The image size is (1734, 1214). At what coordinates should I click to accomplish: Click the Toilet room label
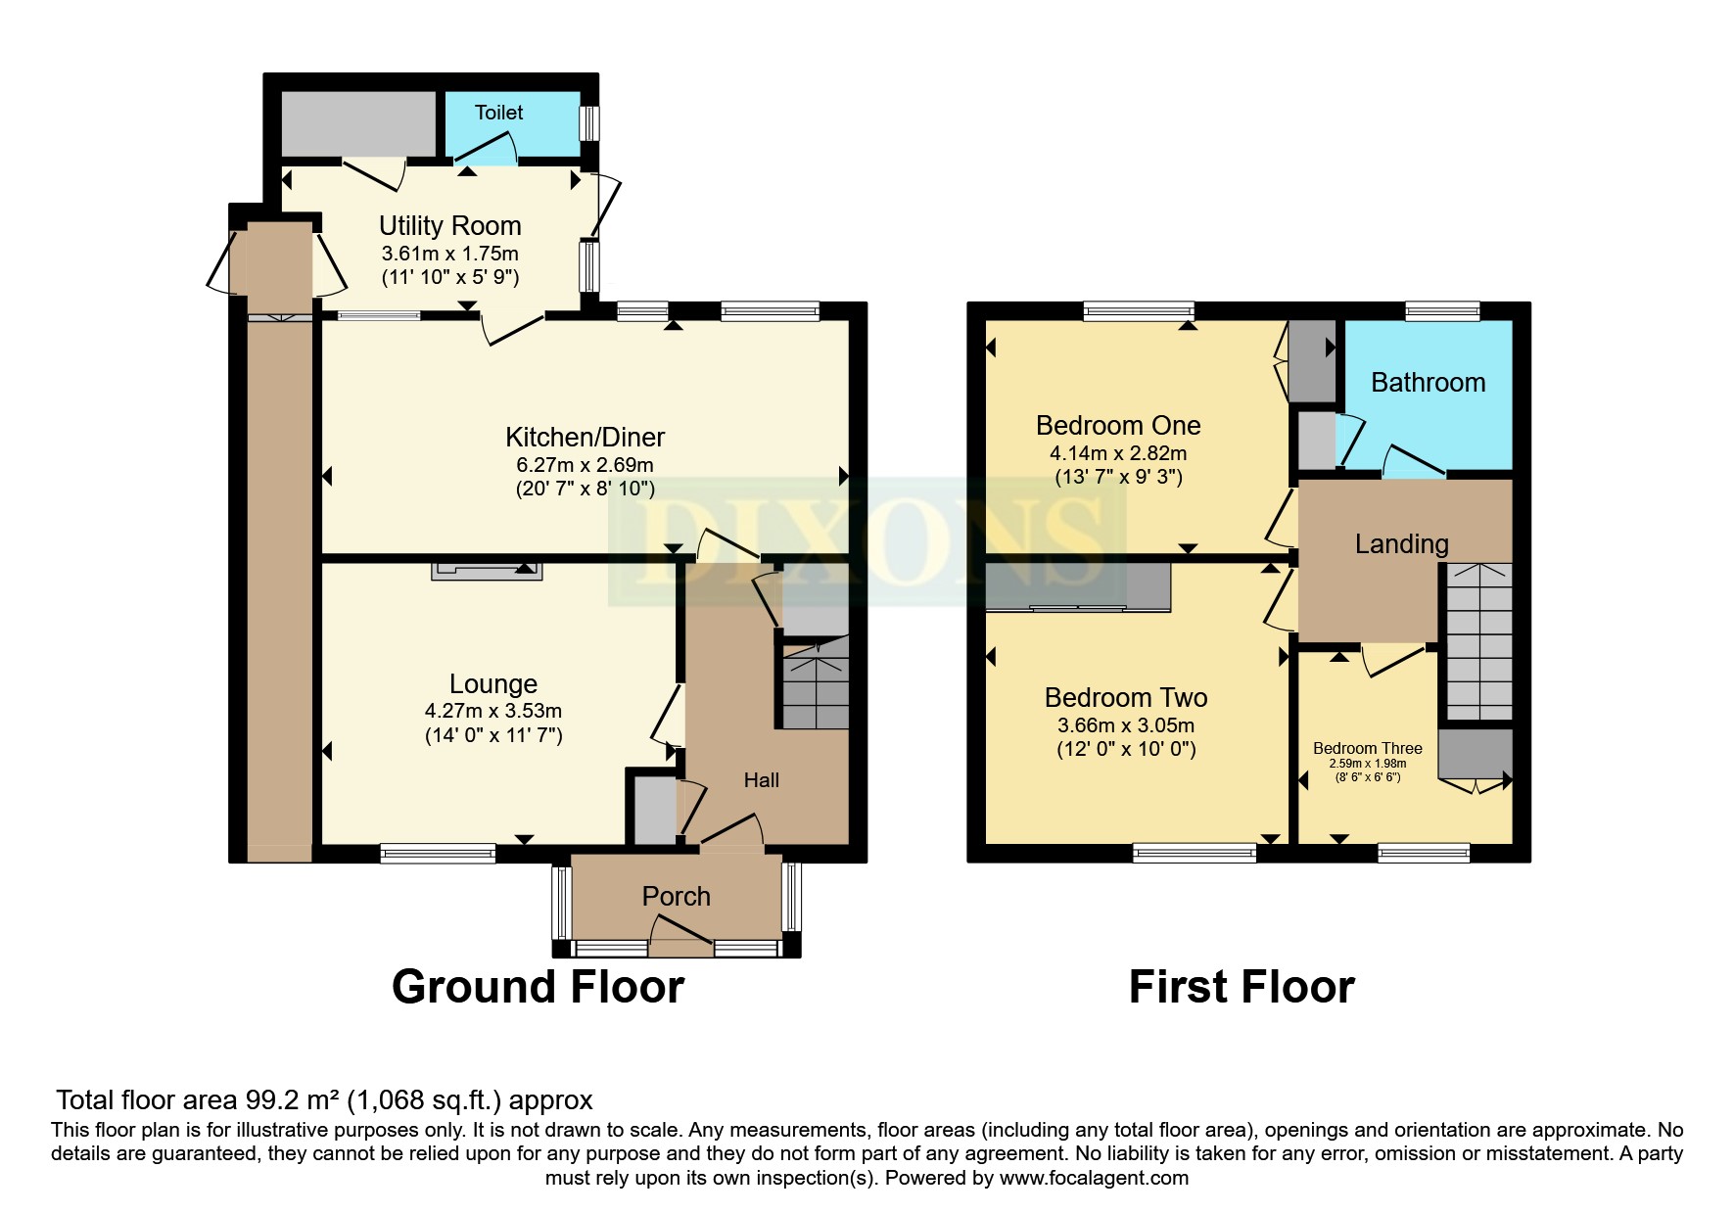pos(498,113)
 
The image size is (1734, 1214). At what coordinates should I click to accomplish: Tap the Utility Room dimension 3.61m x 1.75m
pos(449,254)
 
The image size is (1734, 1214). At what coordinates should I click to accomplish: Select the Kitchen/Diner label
pos(585,437)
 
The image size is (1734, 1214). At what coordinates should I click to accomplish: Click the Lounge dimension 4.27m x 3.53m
pos(492,711)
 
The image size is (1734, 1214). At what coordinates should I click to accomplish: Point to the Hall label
pos(761,780)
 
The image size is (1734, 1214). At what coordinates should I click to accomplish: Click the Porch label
pos(676,896)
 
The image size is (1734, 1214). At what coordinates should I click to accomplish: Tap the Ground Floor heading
pos(538,987)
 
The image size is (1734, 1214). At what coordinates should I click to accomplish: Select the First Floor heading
pos(1241,987)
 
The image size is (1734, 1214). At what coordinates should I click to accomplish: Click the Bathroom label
pos(1428,383)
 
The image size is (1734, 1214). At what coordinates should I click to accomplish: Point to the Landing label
pos(1401,544)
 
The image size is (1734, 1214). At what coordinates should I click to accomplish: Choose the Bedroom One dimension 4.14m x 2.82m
pos(1118,453)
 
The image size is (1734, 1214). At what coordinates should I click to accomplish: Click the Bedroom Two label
pos(1125,698)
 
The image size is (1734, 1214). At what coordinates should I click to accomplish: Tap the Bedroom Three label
pos(1367,748)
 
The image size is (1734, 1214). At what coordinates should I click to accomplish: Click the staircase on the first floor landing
pos(1478,641)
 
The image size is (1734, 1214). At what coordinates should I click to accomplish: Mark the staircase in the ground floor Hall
pos(815,682)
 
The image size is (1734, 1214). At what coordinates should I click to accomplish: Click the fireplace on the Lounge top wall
pos(487,571)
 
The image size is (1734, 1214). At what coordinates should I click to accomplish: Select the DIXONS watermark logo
pos(867,541)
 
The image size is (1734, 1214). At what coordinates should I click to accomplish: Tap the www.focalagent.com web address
pos(1094,1178)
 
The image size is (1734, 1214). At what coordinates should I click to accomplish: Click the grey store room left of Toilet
pos(358,123)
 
